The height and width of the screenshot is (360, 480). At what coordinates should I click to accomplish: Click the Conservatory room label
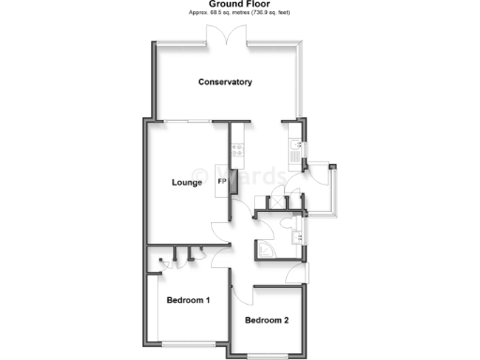[225, 82]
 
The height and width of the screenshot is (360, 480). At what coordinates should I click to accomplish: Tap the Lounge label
[187, 182]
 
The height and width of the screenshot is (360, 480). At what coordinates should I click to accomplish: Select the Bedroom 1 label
[187, 301]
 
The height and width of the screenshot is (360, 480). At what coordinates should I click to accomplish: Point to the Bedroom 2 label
[266, 321]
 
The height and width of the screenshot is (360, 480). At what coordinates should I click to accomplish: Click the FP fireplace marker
[222, 181]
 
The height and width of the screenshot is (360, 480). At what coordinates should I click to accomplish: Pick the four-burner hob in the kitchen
[236, 149]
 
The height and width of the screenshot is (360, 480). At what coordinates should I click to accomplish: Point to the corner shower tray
[269, 247]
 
